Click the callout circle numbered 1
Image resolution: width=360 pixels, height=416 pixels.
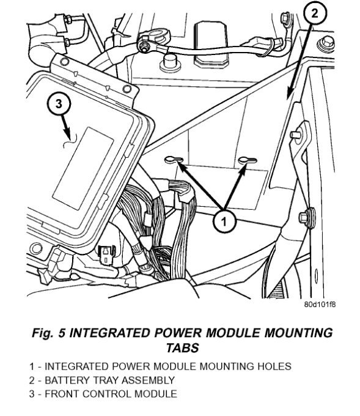pos(224,221)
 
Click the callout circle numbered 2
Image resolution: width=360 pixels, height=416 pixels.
pos(315,13)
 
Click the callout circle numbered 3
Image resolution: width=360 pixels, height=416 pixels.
pos(59,103)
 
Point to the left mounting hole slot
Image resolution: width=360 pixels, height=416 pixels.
pos(174,160)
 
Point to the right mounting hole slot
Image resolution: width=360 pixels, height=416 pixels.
pos(248,160)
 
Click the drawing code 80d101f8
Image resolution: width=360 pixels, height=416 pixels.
pos(320,304)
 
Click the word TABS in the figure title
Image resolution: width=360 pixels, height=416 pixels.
pos(183,347)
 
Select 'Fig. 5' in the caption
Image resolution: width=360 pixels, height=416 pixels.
pos(48,333)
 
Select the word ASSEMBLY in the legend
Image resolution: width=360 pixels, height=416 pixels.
pos(148,380)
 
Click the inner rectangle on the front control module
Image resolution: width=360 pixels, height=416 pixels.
pos(83,168)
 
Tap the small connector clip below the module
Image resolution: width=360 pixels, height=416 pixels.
pos(106,254)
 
